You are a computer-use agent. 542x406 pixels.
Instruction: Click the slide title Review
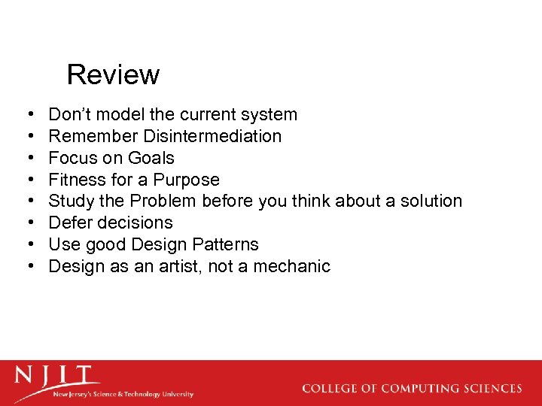[113, 74]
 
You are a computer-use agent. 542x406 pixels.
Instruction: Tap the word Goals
[151, 158]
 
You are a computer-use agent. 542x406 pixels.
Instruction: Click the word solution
[428, 201]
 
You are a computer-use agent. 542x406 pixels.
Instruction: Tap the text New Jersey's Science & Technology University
[123, 394]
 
